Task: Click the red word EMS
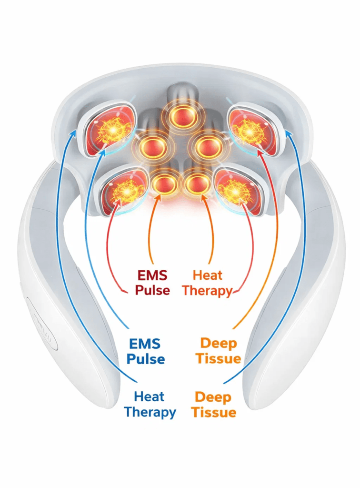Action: coord(152,275)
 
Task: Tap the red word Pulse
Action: coord(152,290)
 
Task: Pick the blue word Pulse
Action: coord(146,358)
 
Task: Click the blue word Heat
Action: coord(149,396)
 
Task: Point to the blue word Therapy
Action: coord(150,412)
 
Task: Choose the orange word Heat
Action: coord(208,275)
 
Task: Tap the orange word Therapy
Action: coord(207,290)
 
